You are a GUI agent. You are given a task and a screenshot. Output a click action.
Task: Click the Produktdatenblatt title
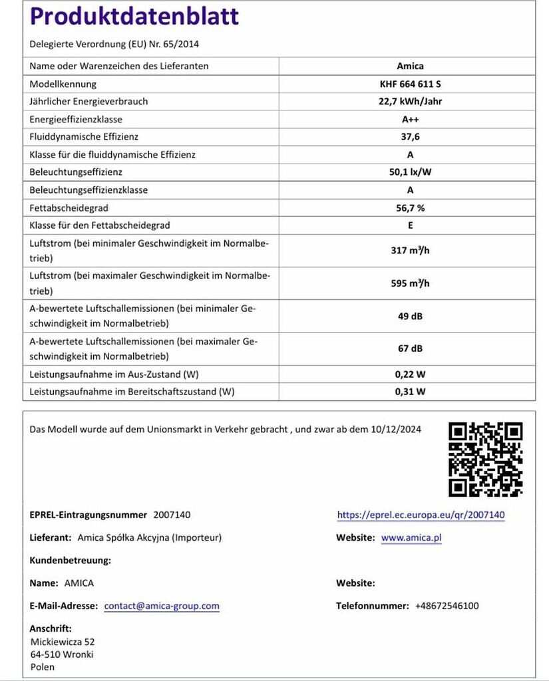(x=134, y=17)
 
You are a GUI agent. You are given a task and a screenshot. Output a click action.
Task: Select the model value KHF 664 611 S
(x=410, y=84)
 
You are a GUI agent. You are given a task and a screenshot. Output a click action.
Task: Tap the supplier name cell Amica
(x=410, y=66)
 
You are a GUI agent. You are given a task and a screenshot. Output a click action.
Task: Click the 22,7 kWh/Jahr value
(x=410, y=102)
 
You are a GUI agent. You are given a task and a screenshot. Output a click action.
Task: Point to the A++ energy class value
(x=410, y=119)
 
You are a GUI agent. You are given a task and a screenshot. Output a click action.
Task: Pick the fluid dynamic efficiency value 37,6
(x=410, y=137)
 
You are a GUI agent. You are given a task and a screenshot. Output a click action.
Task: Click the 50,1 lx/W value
(x=410, y=172)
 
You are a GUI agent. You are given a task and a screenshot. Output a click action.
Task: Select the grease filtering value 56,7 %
(x=410, y=207)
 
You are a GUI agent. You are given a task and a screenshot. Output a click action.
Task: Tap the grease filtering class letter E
(x=410, y=225)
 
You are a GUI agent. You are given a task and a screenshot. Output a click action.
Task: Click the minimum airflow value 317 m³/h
(x=410, y=251)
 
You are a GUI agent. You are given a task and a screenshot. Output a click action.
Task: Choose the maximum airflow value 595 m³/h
(x=410, y=283)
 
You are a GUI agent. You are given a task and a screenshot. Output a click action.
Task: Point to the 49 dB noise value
(x=410, y=316)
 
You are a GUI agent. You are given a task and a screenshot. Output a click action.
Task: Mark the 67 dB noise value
(x=410, y=348)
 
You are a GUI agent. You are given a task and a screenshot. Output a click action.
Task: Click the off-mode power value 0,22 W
(x=410, y=374)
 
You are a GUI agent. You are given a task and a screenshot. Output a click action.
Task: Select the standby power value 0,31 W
(x=410, y=391)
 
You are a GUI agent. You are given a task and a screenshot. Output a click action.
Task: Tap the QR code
(x=485, y=459)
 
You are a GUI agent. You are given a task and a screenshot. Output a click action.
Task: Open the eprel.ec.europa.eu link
(x=421, y=515)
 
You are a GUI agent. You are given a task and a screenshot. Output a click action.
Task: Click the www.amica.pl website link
(x=411, y=537)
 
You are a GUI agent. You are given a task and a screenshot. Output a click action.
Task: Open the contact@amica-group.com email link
(x=162, y=606)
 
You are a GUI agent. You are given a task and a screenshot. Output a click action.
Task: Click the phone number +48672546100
(x=447, y=606)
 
